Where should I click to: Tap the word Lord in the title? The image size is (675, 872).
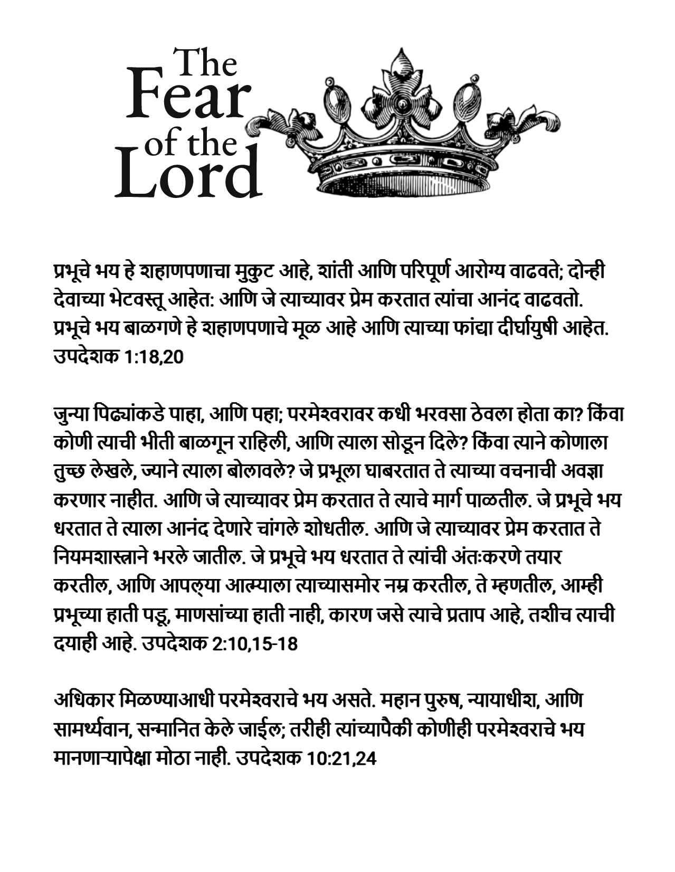point(188,174)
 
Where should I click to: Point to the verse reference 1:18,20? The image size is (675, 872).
point(154,357)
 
